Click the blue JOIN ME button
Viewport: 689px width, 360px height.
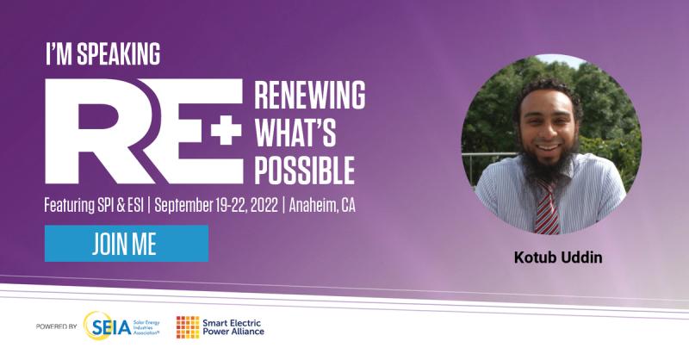click(127, 244)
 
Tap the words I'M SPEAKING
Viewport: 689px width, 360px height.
click(103, 54)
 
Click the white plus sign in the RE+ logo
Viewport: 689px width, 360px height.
click(227, 129)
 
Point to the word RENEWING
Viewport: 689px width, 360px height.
click(310, 95)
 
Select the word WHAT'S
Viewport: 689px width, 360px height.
click(295, 133)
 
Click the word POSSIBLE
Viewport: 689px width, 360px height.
click(305, 170)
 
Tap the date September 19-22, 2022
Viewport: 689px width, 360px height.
click(216, 205)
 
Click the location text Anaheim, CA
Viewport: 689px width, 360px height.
click(322, 205)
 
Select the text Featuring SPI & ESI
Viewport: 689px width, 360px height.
click(94, 205)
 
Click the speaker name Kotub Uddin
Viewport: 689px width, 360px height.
click(558, 258)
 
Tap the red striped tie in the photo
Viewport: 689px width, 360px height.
click(546, 208)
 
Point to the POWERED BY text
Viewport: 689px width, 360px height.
click(56, 326)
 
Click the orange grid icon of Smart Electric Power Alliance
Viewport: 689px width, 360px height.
click(188, 327)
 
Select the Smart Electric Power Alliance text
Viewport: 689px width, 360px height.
click(233, 327)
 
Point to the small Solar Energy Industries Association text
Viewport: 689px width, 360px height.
click(146, 327)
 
